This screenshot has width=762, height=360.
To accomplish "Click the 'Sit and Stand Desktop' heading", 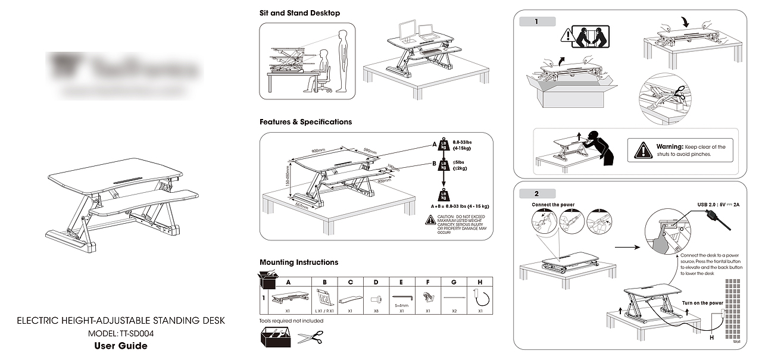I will [x=299, y=12].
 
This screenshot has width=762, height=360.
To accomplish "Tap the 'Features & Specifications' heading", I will [x=305, y=122].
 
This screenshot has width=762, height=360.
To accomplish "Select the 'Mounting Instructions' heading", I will [x=299, y=262].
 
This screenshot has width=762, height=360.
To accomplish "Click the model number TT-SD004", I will [x=138, y=333].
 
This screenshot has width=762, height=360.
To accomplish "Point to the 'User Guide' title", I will [x=121, y=346].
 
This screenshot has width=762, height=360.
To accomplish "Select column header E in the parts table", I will [x=401, y=283].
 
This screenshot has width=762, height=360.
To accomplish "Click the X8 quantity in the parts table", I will [x=376, y=311].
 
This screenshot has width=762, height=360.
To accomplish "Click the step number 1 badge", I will [x=537, y=22].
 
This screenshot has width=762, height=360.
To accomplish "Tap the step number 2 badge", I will [x=537, y=194].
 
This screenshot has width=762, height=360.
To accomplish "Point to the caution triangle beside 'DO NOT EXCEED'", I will [x=430, y=220].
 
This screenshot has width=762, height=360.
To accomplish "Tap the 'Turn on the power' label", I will [x=702, y=303].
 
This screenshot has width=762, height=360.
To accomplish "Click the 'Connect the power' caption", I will [x=553, y=205].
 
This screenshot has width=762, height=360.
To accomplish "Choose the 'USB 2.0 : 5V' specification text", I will [x=718, y=205].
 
